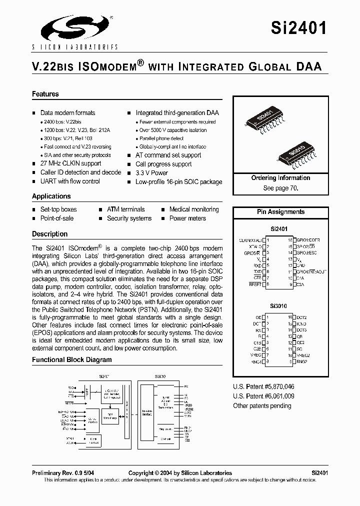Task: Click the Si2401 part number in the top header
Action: (299, 27)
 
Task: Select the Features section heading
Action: (45, 94)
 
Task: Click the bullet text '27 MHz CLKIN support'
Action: (70, 163)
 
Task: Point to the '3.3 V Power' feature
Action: (151, 173)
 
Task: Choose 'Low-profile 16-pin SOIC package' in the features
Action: (178, 182)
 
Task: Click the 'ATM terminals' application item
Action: (125, 209)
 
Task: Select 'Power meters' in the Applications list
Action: (187, 218)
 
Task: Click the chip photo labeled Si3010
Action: (297, 152)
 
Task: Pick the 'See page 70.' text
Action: (280, 188)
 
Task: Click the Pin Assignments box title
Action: (280, 212)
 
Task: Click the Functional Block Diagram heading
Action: (72, 359)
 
